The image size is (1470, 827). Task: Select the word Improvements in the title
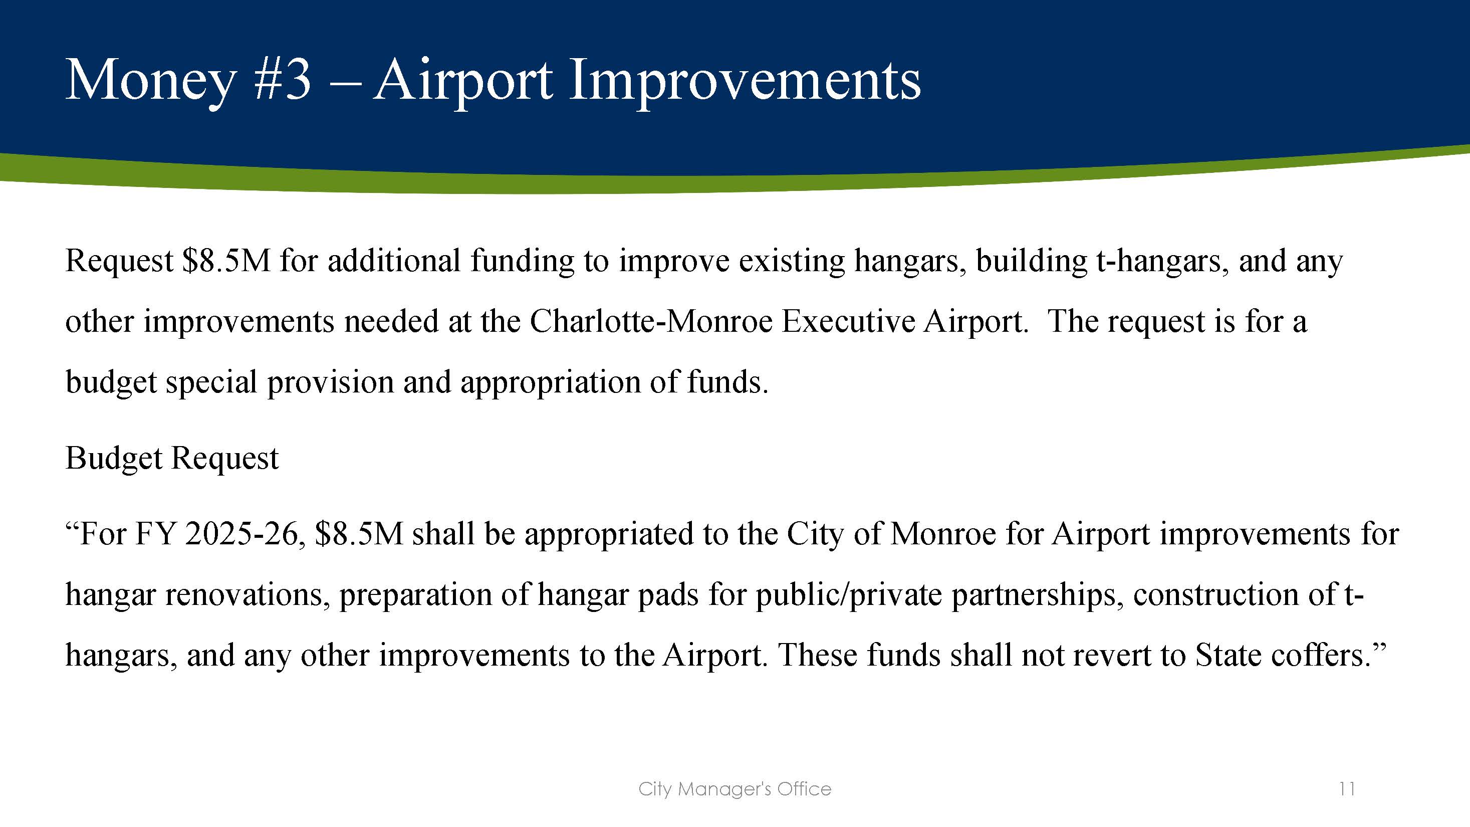point(744,82)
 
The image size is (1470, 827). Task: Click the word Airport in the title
point(462,82)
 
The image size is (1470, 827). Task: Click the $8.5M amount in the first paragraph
point(226,261)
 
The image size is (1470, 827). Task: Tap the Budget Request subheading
point(172,458)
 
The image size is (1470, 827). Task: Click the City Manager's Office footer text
point(734,789)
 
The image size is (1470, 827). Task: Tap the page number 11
point(1347,789)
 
